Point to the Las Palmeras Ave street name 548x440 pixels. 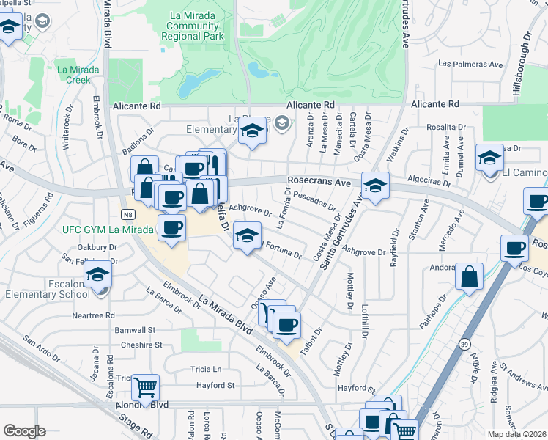[x=470, y=65]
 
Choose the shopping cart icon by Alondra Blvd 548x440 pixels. [x=145, y=386]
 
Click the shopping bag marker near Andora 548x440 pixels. [x=469, y=276]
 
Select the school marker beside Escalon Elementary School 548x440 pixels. [x=97, y=276]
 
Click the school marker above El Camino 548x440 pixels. [x=489, y=157]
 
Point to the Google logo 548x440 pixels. [x=24, y=431]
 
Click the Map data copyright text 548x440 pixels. [x=516, y=434]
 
